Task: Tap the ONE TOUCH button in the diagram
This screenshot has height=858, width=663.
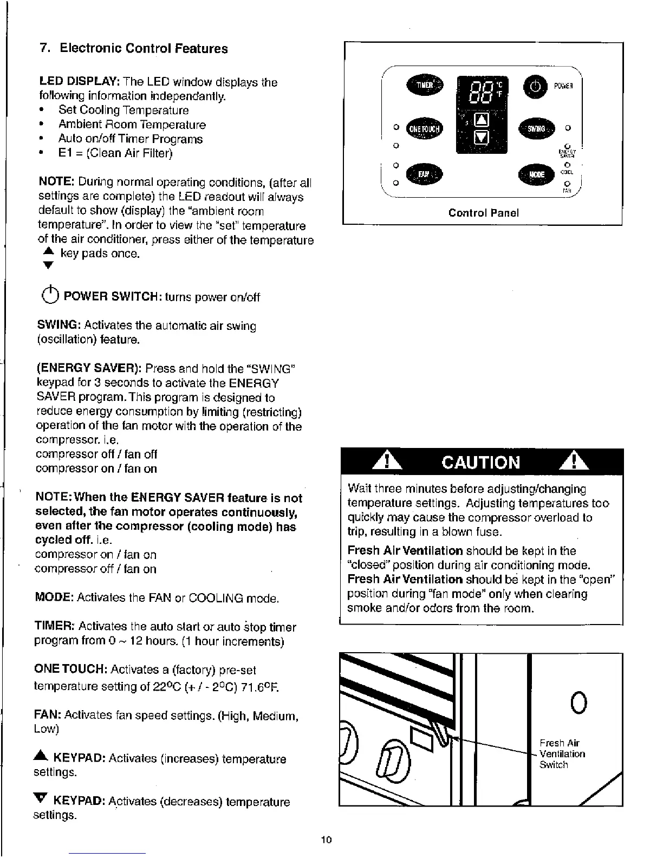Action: pyautogui.click(x=426, y=128)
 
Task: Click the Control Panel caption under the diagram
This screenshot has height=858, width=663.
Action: pyautogui.click(x=483, y=213)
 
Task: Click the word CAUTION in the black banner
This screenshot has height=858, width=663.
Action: pyautogui.click(x=481, y=462)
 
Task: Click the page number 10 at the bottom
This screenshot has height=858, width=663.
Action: pyautogui.click(x=326, y=840)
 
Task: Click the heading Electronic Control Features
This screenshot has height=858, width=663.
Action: pyautogui.click(x=144, y=48)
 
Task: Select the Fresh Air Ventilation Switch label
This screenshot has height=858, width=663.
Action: pyautogui.click(x=561, y=753)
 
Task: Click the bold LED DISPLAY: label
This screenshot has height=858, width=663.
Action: pyautogui.click(x=79, y=82)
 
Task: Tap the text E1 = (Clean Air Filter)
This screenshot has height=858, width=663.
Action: pyautogui.click(x=115, y=153)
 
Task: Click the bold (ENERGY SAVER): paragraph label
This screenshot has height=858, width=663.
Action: pyautogui.click(x=89, y=369)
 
